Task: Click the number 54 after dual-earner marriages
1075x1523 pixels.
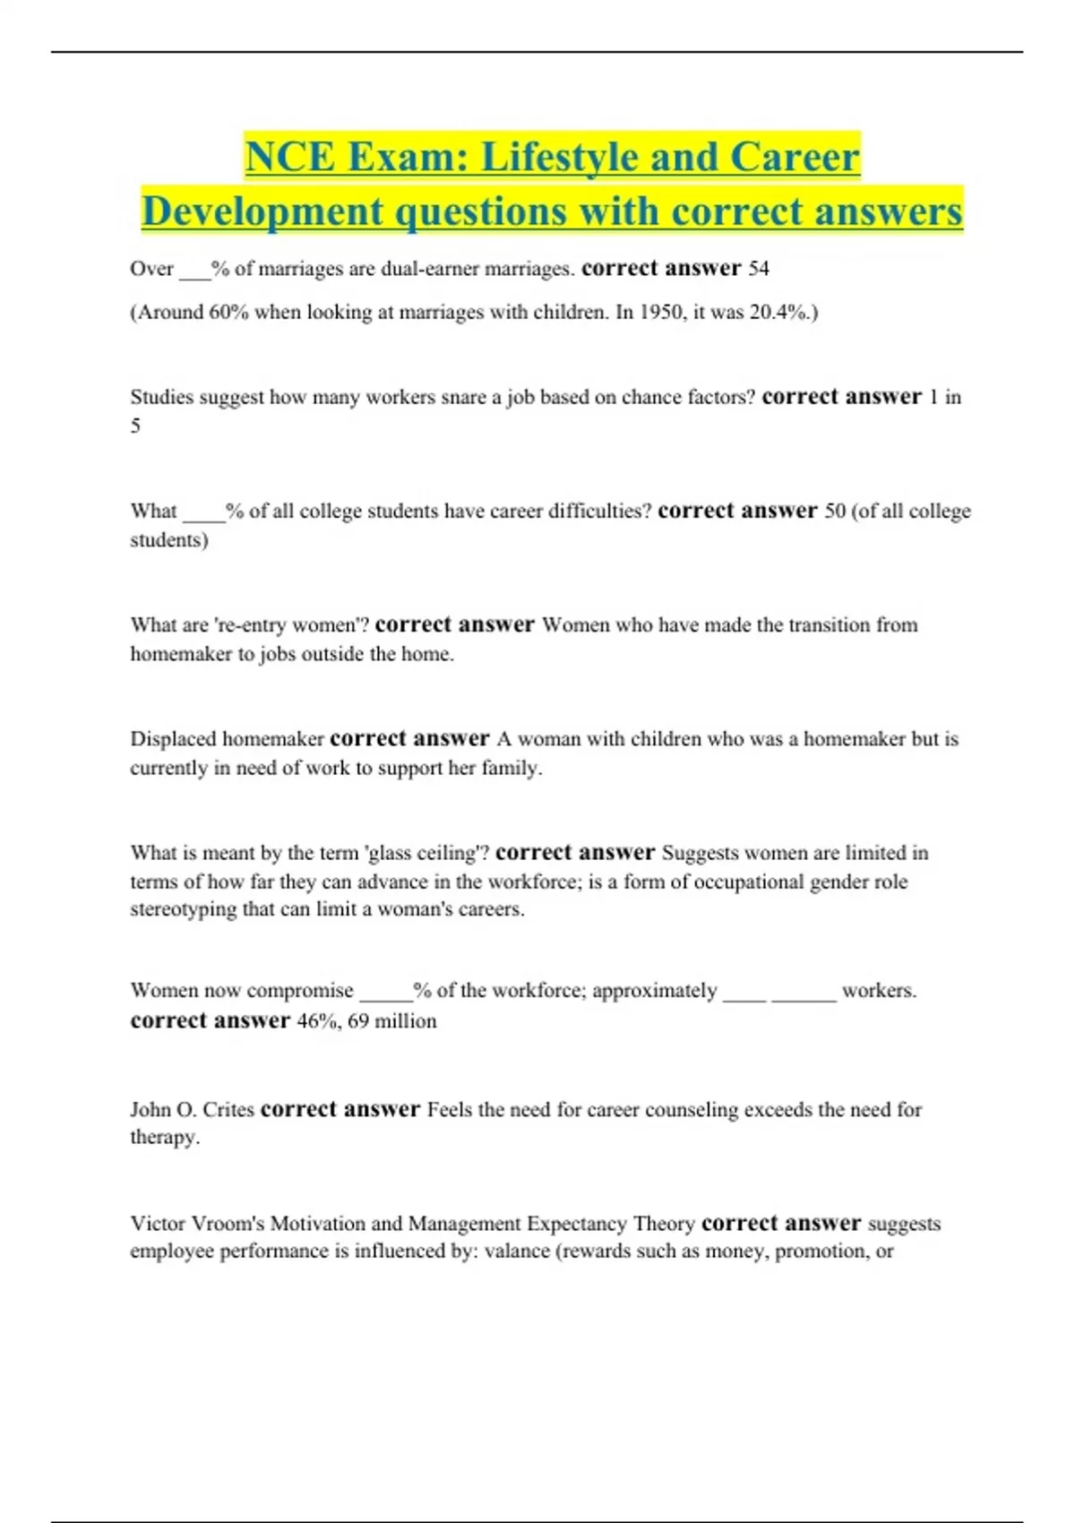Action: pos(758,269)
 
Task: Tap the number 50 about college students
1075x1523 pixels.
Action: pos(834,512)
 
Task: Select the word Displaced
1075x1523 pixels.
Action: pos(173,739)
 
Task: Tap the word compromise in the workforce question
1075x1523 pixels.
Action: pos(299,991)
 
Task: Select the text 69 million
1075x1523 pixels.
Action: pos(392,1021)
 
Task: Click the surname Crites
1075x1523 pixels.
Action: pos(228,1110)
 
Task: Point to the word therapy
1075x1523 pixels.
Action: pos(164,1138)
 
